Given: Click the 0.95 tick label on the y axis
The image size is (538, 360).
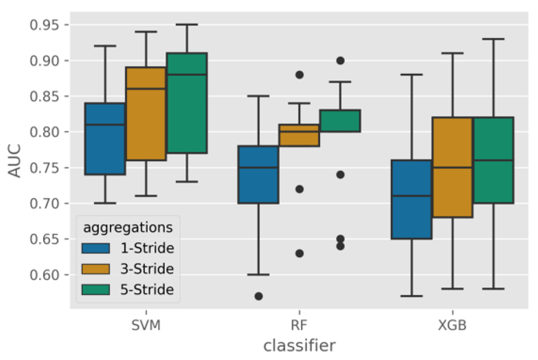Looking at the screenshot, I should click(44, 25).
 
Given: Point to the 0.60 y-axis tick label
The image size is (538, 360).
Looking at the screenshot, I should click(44, 275).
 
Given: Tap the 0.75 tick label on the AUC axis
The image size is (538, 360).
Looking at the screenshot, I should click(44, 168).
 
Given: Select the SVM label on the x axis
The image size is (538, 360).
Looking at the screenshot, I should click(146, 325).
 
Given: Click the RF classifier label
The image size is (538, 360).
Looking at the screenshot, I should click(299, 325).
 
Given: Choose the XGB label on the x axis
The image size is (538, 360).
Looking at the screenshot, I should click(452, 325).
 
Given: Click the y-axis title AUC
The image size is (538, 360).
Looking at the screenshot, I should click(14, 161).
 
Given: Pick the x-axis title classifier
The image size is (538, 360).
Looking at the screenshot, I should click(299, 345).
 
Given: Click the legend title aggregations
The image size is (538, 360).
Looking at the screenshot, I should click(128, 228).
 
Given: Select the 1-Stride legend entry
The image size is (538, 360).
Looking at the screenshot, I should click(147, 248).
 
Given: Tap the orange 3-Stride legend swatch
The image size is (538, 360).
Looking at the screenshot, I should click(96, 269).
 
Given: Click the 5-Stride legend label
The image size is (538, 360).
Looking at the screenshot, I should click(147, 290).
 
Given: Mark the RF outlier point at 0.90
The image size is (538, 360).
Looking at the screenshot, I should click(340, 61).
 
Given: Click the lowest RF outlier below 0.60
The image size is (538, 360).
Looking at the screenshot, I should click(259, 296).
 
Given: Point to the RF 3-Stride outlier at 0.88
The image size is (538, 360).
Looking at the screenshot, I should click(299, 75).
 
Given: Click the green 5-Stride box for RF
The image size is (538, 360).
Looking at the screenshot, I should click(340, 121).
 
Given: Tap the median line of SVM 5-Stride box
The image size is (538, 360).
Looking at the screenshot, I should click(187, 75).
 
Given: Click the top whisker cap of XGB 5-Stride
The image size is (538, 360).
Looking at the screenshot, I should click(493, 39).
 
